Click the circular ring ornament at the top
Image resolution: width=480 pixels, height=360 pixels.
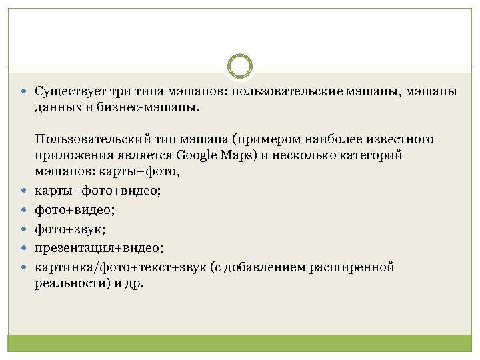point(240,66)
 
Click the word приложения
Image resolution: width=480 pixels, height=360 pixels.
point(71,155)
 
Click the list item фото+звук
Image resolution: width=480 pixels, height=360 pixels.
point(70,229)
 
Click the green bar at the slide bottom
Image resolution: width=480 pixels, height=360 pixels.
point(240,343)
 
